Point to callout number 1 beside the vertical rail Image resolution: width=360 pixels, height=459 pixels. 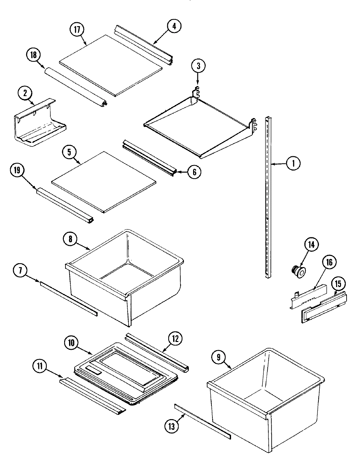click(x=293, y=163)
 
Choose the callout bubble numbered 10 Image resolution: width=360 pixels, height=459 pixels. click(x=71, y=343)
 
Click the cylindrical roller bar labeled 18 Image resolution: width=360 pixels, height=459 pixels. click(x=75, y=86)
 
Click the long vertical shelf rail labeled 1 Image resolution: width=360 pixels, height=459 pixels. click(x=268, y=196)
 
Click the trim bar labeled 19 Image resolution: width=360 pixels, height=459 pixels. click(x=65, y=206)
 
